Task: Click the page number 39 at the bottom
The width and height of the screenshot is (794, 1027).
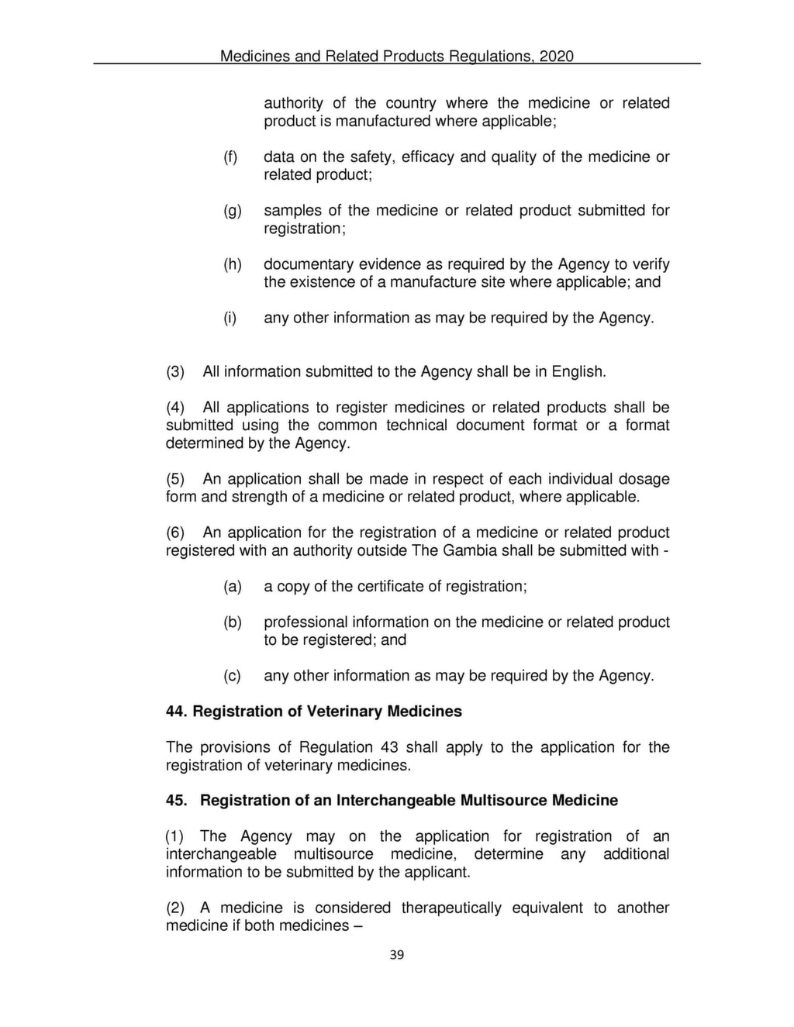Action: pyautogui.click(x=396, y=955)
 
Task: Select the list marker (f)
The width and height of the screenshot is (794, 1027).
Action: pyautogui.click(x=230, y=157)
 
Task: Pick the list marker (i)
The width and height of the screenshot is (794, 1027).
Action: pyautogui.click(x=230, y=319)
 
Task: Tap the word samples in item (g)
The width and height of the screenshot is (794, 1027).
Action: pyautogui.click(x=292, y=211)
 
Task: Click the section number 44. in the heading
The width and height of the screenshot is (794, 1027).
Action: pyautogui.click(x=177, y=712)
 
